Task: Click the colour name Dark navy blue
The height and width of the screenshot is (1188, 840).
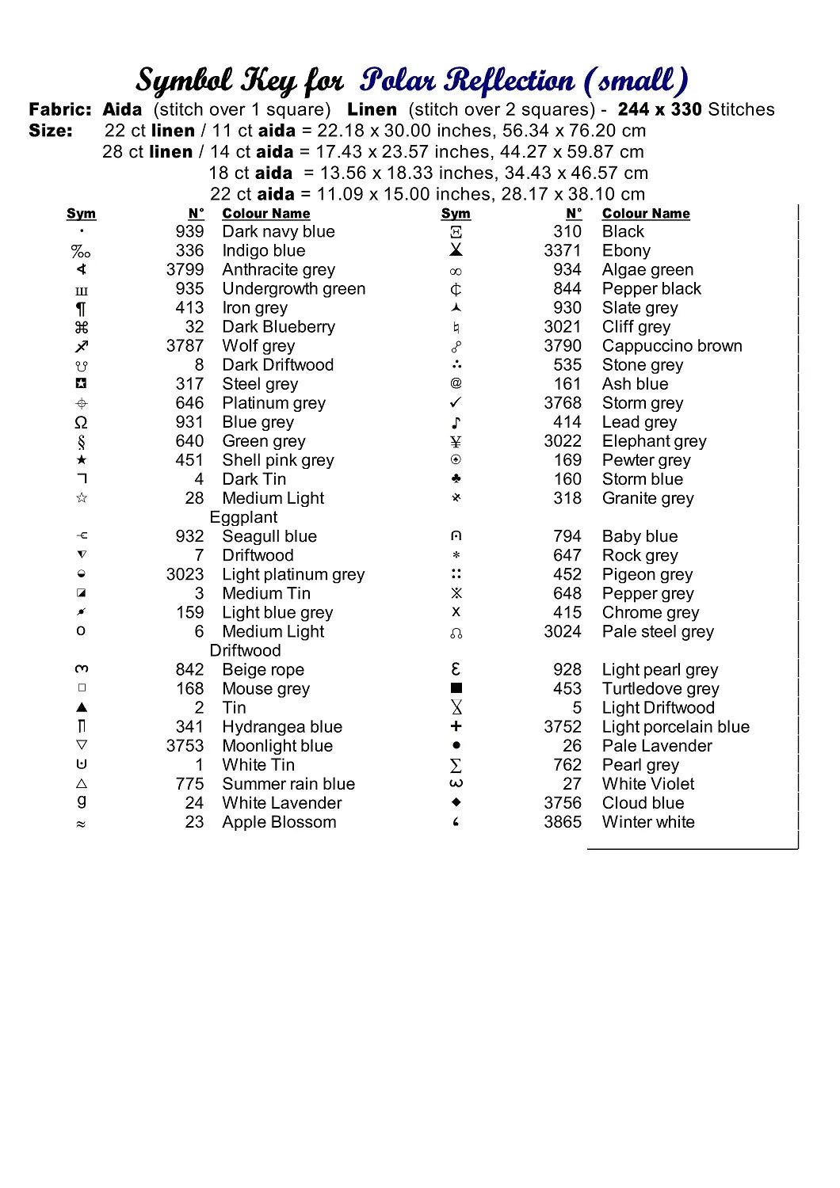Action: click(278, 232)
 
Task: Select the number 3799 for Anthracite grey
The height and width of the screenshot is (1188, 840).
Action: click(185, 270)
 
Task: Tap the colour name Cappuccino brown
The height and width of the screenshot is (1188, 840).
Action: click(672, 346)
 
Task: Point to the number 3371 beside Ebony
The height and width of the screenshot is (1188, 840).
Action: click(563, 251)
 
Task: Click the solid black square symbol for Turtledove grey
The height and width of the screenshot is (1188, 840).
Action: click(456, 688)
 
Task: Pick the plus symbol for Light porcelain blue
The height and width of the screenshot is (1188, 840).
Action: click(456, 726)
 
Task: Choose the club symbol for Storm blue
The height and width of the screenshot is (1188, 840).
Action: click(456, 479)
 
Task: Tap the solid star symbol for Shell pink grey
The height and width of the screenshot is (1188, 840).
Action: click(82, 460)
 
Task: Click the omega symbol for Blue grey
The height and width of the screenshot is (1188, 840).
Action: click(81, 422)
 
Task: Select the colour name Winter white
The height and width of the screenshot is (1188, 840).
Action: click(648, 822)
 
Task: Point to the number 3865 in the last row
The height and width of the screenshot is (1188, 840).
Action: click(563, 822)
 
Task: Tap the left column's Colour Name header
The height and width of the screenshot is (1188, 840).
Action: click(265, 214)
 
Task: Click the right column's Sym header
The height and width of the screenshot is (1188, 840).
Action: click(456, 214)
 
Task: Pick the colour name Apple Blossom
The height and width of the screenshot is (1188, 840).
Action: click(279, 822)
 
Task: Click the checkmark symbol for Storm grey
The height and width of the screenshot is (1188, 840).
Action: click(456, 403)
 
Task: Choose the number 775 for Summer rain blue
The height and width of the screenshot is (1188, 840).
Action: click(189, 784)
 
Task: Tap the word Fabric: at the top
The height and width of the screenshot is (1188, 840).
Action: click(60, 109)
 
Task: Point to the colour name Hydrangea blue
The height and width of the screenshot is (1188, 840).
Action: click(282, 727)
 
